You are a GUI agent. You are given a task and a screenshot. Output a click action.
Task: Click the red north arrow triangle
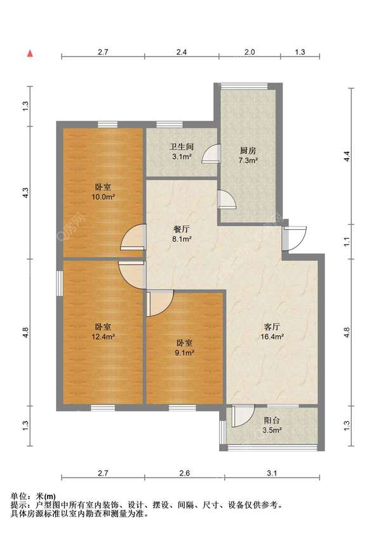[x=30, y=53]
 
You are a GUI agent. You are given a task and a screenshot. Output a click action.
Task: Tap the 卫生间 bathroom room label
[x=182, y=147]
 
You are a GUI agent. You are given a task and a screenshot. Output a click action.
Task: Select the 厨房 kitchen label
[x=248, y=151]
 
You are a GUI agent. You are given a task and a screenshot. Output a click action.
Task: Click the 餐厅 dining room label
[x=182, y=229]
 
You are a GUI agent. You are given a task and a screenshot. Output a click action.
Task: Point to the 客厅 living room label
[x=272, y=327]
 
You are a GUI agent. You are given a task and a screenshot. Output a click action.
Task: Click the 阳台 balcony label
[x=272, y=421]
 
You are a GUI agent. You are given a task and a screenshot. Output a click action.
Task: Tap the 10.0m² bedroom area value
[x=103, y=196]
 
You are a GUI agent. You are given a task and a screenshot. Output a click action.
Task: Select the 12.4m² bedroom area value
[x=103, y=337]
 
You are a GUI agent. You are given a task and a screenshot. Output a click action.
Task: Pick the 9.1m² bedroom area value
[x=184, y=353]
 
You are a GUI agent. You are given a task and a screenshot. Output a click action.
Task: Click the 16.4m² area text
[x=272, y=337]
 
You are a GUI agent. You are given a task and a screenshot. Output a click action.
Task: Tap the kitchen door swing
[x=227, y=199]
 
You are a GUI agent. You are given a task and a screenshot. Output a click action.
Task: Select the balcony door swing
[x=243, y=416]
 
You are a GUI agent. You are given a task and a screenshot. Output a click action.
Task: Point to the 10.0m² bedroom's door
[x=133, y=237]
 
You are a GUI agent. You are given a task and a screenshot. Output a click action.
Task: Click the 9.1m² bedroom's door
[x=161, y=303]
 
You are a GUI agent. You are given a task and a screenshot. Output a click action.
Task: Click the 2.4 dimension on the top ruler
[x=182, y=52]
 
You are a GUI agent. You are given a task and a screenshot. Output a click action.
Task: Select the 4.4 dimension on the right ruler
[x=347, y=156]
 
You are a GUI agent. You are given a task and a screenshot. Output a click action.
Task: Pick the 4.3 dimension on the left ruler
[x=25, y=193]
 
